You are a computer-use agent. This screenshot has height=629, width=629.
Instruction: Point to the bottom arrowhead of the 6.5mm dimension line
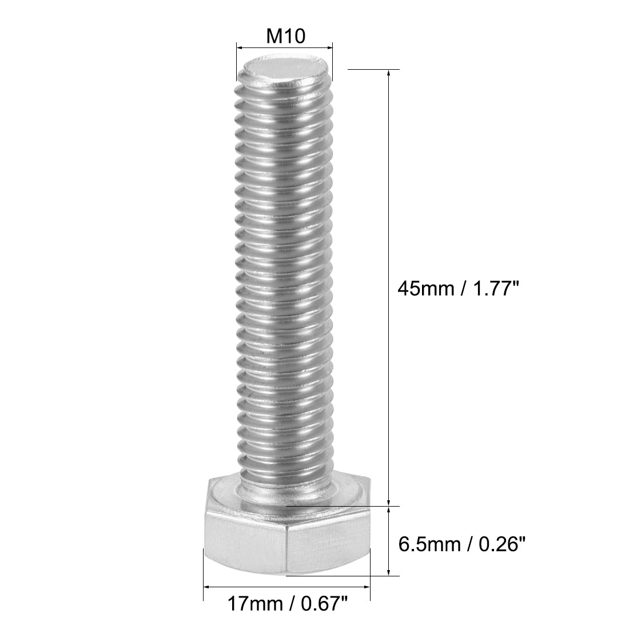click(389, 571)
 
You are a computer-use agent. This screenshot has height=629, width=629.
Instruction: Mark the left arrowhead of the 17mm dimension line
click(208, 586)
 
